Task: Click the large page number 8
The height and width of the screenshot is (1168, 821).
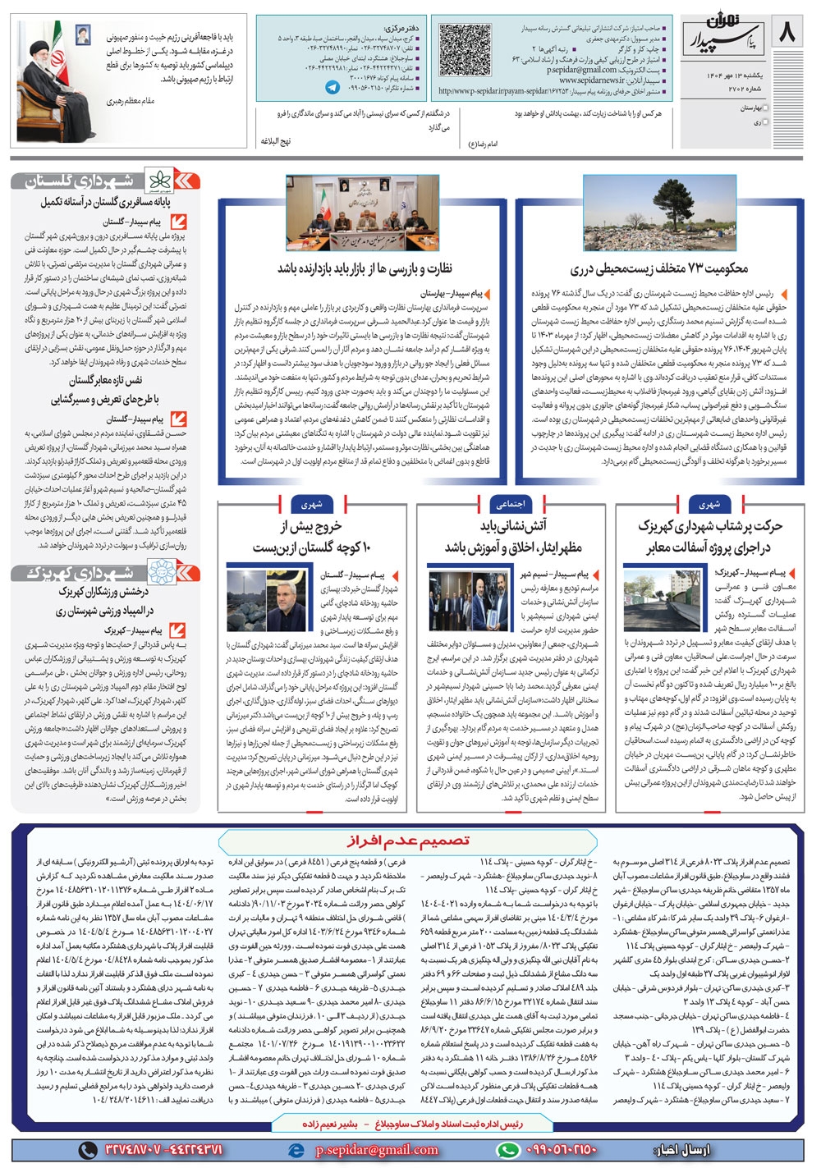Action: pos(787,34)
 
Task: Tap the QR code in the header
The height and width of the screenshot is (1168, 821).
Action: pos(465,51)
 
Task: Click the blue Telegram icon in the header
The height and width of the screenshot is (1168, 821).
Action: pos(333,86)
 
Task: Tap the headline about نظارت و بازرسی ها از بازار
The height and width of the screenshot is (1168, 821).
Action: pos(365,268)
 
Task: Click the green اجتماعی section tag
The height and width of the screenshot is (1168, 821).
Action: pos(511,504)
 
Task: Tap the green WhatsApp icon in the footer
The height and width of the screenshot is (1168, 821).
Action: pos(509,1149)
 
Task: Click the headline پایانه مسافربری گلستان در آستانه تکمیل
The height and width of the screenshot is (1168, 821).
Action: pos(106,202)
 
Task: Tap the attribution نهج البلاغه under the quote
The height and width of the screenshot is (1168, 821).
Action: pos(276,141)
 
